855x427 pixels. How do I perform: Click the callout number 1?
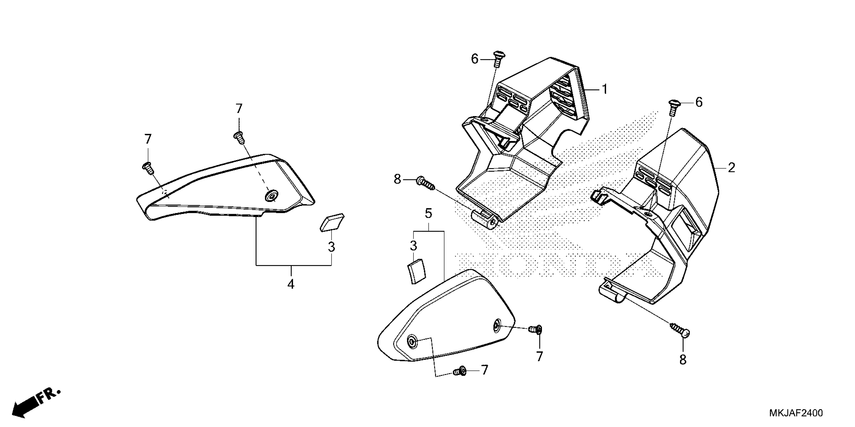click(x=605, y=89)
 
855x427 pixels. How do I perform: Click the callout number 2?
click(x=731, y=168)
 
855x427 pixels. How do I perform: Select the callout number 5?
click(x=429, y=214)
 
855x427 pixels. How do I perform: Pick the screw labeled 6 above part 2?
click(x=672, y=107)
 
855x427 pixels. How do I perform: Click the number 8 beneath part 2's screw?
click(x=683, y=360)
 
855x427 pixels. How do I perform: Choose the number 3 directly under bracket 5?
click(x=413, y=246)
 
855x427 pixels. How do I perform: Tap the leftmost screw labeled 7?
click(x=148, y=168)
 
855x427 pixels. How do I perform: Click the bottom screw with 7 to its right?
click(x=460, y=371)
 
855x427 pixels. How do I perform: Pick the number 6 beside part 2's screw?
click(x=699, y=102)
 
